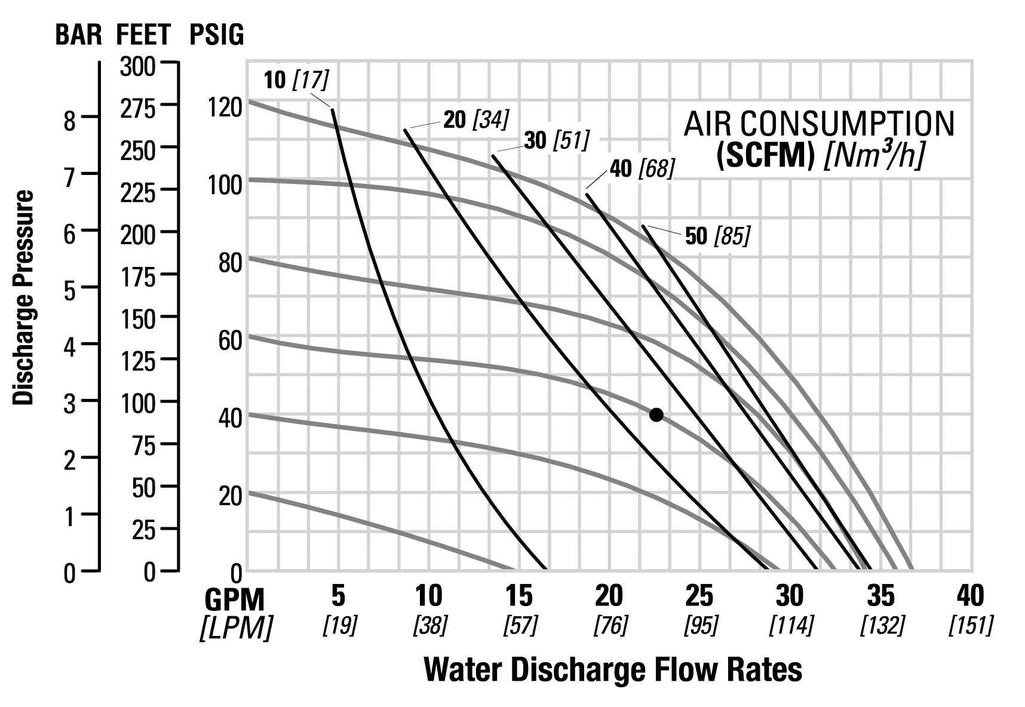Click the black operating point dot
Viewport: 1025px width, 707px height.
656,414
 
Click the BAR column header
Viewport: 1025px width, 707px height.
79,35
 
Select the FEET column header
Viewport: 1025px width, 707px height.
143,35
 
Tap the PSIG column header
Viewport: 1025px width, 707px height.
216,35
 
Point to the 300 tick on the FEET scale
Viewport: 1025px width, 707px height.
137,66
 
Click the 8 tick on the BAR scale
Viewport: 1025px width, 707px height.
70,121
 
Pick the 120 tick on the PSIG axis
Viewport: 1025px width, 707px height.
225,108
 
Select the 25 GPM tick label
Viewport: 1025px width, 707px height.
699,595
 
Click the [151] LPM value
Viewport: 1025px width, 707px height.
971,625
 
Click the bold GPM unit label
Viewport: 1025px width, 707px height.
235,598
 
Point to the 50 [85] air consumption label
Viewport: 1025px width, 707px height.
717,236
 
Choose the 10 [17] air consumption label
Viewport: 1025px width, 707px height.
296,79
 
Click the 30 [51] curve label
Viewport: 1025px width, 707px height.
557,140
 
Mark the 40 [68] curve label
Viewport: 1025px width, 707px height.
642,168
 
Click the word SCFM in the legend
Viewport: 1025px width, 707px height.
766,155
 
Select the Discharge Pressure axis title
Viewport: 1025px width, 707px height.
23,297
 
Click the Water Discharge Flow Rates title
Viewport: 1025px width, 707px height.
613,670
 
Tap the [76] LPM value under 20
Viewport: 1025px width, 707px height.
610,625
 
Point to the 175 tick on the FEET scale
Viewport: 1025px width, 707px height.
137,276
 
